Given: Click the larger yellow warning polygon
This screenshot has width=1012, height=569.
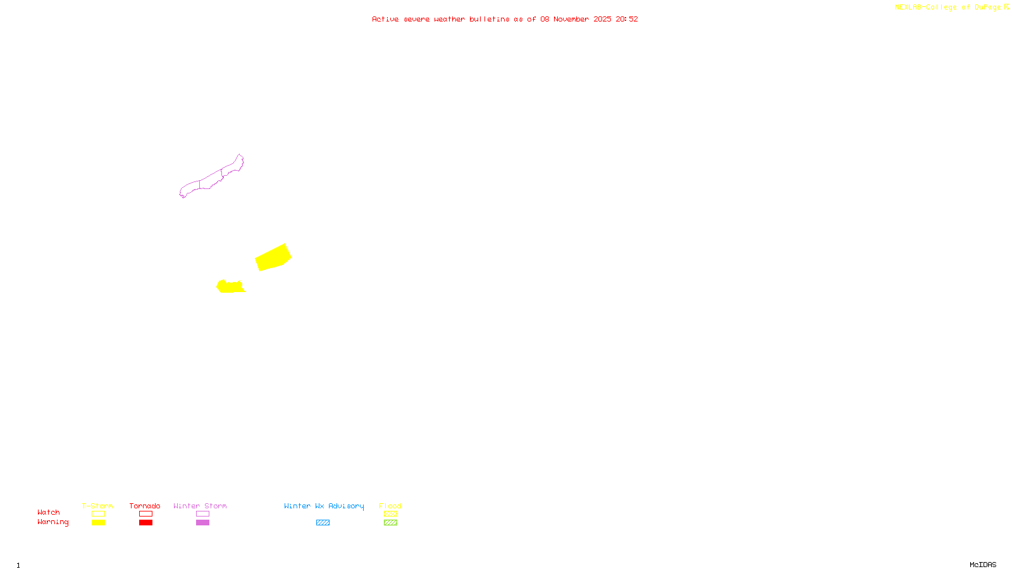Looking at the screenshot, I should [x=273, y=257].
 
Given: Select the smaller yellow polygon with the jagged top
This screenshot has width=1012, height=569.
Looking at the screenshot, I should [x=230, y=287].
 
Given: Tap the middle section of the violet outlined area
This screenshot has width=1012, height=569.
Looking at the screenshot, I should [x=211, y=180].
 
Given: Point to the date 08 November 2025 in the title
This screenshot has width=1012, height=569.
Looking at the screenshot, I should [x=576, y=19].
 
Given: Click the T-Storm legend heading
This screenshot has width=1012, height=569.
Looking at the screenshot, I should [x=97, y=506].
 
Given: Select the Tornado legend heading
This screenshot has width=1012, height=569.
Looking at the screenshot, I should [x=145, y=506].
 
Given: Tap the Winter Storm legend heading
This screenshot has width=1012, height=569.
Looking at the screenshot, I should [x=200, y=506].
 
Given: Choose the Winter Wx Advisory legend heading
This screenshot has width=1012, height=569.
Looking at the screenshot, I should [x=324, y=506].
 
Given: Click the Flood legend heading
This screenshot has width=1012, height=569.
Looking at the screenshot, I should [x=390, y=506].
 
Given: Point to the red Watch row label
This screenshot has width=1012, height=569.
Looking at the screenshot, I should [x=49, y=512].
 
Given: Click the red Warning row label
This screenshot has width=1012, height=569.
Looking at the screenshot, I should [x=53, y=522].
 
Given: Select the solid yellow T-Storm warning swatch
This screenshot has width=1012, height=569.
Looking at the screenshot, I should [x=98, y=523].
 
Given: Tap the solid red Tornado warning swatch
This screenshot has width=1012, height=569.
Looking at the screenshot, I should [x=146, y=523].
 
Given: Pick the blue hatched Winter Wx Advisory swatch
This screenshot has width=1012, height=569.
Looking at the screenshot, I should [x=323, y=523].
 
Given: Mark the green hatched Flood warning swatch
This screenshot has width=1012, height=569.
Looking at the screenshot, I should [x=390, y=523].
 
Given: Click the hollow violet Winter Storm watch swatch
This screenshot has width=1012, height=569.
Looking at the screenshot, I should [x=202, y=514].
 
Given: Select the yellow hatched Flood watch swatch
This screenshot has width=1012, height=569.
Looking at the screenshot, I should [x=390, y=514].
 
